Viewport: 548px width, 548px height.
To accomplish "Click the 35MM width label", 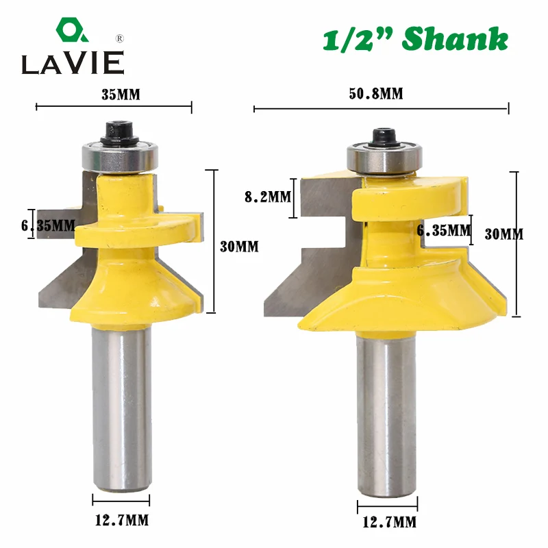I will tap(120, 95).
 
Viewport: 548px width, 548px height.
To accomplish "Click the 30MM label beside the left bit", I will tap(240, 247).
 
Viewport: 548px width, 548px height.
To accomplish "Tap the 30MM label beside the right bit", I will tap(503, 234).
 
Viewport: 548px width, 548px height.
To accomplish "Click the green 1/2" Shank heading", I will tap(415, 39).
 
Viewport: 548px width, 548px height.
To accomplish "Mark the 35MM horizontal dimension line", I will tap(114, 106).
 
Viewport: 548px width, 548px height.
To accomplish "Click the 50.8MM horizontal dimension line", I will tap(382, 108).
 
